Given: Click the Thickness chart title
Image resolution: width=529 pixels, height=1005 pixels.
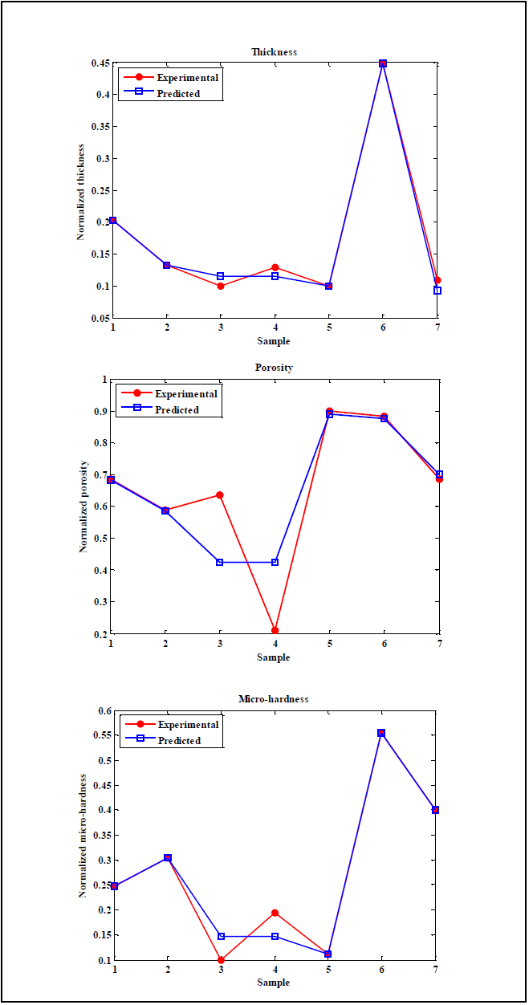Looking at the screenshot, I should (x=274, y=52).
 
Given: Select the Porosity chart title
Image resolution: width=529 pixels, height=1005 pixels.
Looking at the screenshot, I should (x=274, y=368).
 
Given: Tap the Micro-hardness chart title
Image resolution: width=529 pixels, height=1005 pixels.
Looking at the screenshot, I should (x=274, y=699).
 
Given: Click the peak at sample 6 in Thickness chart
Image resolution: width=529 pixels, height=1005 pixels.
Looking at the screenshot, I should (x=383, y=63).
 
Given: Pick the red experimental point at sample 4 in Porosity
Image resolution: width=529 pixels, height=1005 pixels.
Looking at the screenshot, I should (x=275, y=630).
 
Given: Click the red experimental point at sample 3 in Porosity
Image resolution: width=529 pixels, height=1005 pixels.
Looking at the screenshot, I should (x=220, y=495).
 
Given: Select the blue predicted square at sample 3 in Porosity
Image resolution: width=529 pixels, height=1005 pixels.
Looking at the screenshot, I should (x=220, y=562).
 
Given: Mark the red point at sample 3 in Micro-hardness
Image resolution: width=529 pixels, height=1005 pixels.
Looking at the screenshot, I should (x=221, y=960).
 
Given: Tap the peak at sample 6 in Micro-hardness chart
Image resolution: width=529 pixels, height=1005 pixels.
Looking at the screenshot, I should (x=381, y=733).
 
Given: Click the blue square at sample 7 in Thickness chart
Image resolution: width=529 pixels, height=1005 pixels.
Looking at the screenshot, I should (x=437, y=291).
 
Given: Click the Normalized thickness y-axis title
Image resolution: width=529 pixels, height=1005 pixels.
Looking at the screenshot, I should (x=81, y=190).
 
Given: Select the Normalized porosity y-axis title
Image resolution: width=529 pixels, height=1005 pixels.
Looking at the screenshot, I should (x=83, y=507).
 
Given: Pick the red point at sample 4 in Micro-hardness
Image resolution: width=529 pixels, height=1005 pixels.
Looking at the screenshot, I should (x=275, y=913).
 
